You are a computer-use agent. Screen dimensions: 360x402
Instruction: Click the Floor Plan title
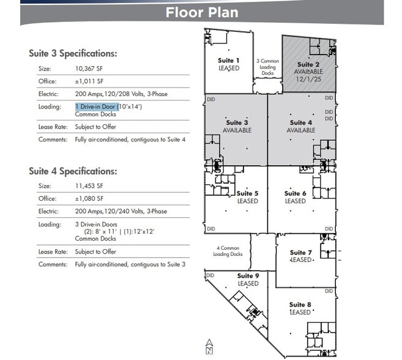coord(201,12)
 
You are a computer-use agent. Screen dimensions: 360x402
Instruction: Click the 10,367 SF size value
coord(91,69)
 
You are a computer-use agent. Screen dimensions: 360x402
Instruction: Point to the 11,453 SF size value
coord(91,186)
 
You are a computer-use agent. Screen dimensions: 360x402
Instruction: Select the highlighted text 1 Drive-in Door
coord(95,107)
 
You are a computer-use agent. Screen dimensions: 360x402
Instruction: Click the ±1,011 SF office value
coord(89,81)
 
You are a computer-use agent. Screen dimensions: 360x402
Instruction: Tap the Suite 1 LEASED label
coord(229,64)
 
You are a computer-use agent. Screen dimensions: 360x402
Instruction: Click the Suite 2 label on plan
coord(308,64)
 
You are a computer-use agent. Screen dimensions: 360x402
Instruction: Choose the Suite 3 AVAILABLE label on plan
coord(237,126)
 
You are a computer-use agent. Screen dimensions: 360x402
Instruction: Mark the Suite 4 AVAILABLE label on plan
coord(301,126)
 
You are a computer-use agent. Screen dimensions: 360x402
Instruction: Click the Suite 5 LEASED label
coord(247,197)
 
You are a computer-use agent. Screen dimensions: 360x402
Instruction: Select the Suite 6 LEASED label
coord(295,197)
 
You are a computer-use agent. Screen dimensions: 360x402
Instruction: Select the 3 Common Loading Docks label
coord(267,67)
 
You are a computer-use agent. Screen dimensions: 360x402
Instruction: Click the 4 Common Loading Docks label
coord(228,251)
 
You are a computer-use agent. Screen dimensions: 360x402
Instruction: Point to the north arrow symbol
coord(209,347)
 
